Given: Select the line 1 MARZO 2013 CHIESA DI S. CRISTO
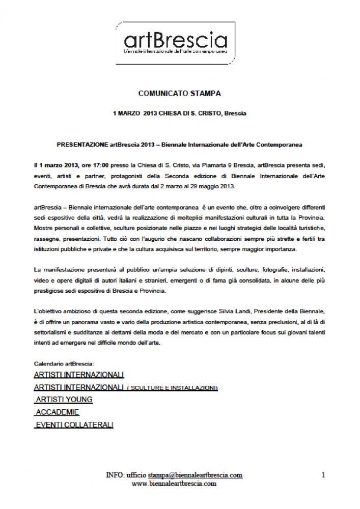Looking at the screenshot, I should tap(179, 113).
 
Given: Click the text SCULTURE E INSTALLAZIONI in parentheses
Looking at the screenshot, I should tap(173, 388).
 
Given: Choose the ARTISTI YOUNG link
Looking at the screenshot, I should tap(64, 400).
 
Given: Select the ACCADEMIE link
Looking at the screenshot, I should tap(57, 412).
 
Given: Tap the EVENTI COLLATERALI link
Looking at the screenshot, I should tap(74, 425).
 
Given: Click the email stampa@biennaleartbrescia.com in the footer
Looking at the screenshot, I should tap(195, 474).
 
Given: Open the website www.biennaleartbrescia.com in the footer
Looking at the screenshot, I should tap(174, 484).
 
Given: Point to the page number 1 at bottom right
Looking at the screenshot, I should tap(323, 474).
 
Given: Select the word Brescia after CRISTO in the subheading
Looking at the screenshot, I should tap(235, 113).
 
